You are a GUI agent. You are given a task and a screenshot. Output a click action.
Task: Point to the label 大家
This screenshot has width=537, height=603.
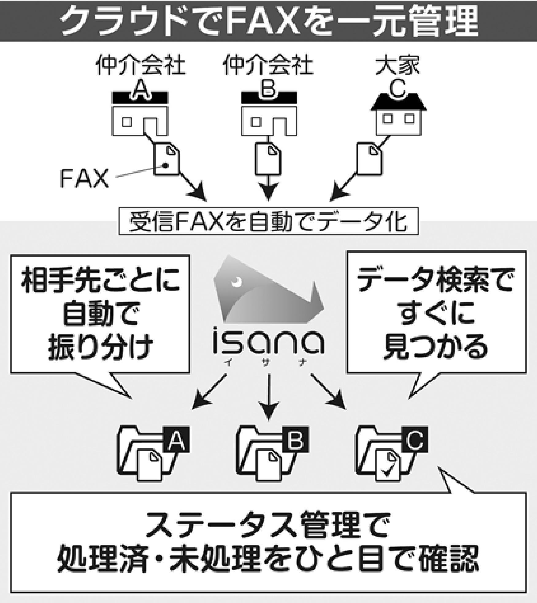(398, 65)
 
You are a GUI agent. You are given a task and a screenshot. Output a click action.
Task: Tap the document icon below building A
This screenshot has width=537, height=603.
(166, 159)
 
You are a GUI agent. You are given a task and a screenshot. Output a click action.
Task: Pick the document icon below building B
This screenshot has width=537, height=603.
(268, 159)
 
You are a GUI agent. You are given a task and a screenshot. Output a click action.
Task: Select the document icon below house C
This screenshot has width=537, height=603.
(370, 159)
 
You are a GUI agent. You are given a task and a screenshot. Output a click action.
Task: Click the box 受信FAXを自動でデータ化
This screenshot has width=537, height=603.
(269, 221)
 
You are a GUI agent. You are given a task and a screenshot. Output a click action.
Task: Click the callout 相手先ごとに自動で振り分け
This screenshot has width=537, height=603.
(100, 314)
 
